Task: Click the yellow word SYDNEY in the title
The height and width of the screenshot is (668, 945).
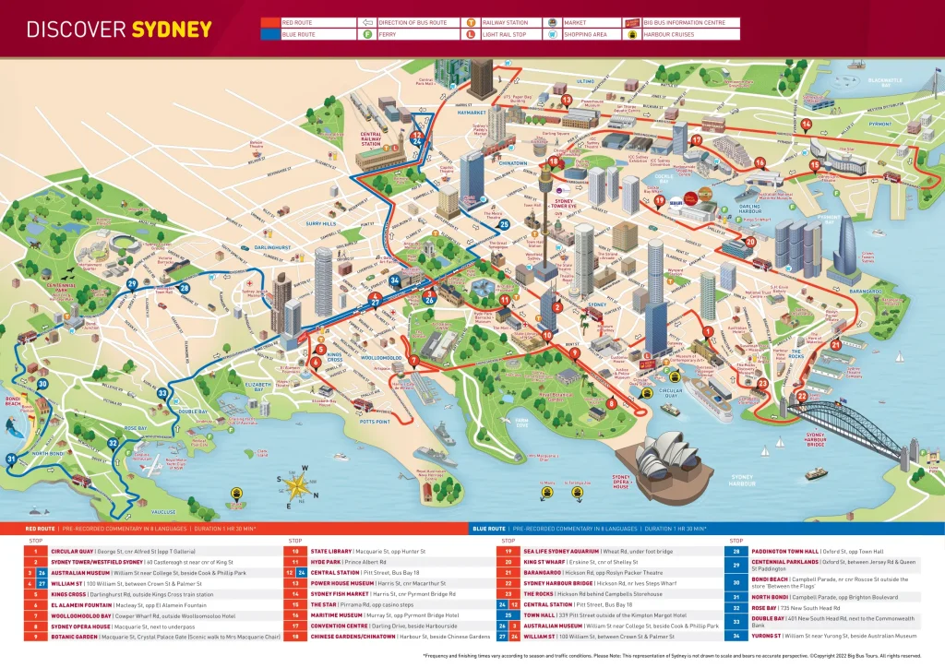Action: (x=172, y=29)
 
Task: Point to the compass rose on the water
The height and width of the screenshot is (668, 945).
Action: (x=298, y=483)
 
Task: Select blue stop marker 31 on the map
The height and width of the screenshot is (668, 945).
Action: (x=11, y=459)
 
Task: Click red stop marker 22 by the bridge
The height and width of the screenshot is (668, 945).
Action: (x=801, y=398)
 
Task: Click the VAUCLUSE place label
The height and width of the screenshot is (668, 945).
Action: (x=162, y=511)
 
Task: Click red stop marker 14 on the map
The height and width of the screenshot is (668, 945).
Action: (x=806, y=125)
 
